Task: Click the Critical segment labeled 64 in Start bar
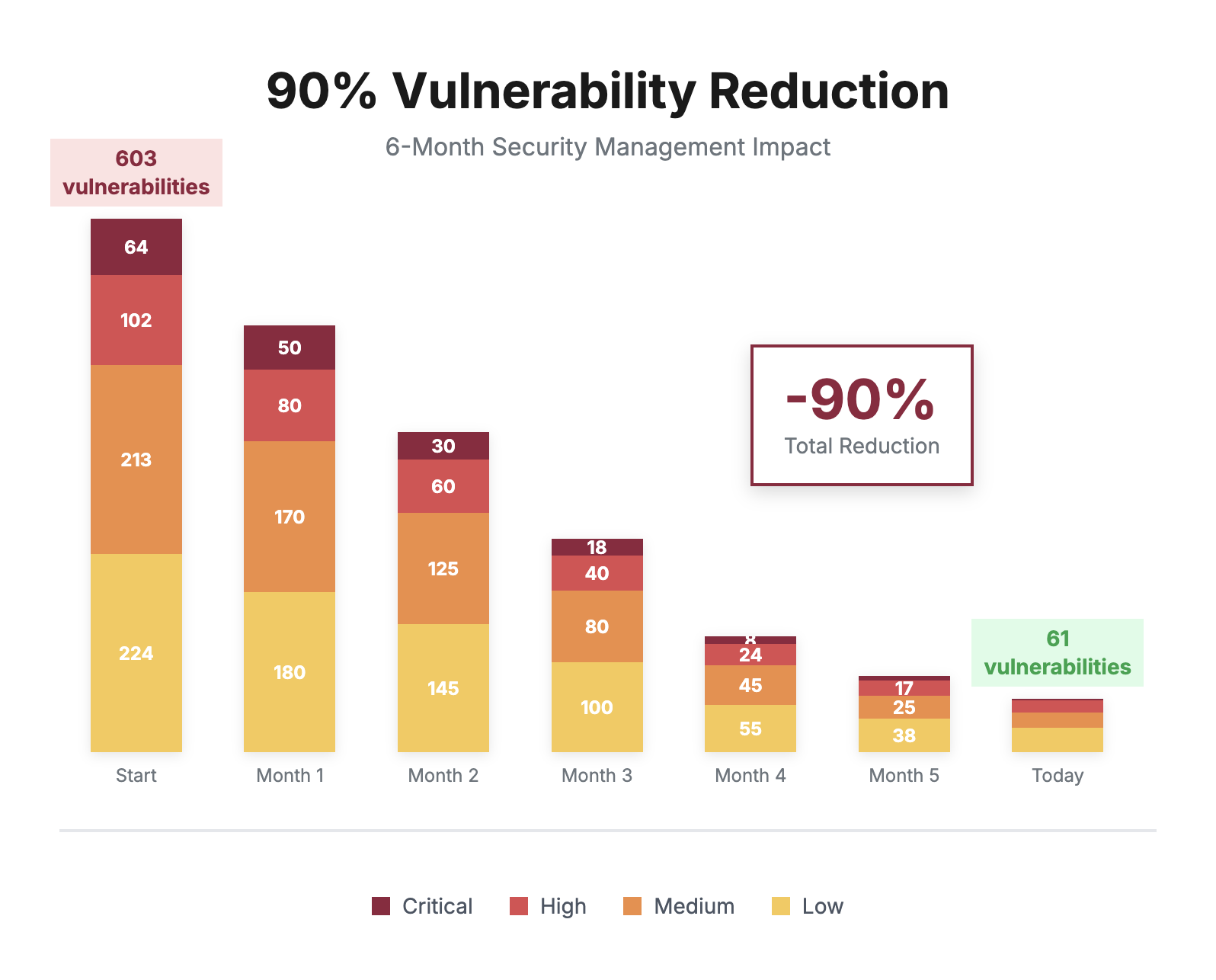pos(136,247)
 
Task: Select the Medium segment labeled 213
pos(136,460)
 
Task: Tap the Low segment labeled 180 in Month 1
pos(290,672)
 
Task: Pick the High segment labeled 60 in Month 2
pos(443,486)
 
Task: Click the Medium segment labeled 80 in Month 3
pos(597,626)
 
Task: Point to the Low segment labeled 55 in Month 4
pos(750,729)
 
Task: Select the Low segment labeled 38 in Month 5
pos(904,735)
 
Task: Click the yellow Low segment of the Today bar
pos(1057,740)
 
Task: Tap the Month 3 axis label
pos(597,776)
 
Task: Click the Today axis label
pos(1057,776)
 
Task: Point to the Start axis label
pos(136,776)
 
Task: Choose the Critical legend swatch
pos(381,906)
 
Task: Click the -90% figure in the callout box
pos(860,399)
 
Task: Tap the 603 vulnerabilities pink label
pos(136,173)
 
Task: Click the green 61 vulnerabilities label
pos(1057,653)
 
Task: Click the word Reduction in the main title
pos(828,91)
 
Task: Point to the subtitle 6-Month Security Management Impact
pos(607,146)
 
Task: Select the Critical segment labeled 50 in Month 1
pos(290,347)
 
